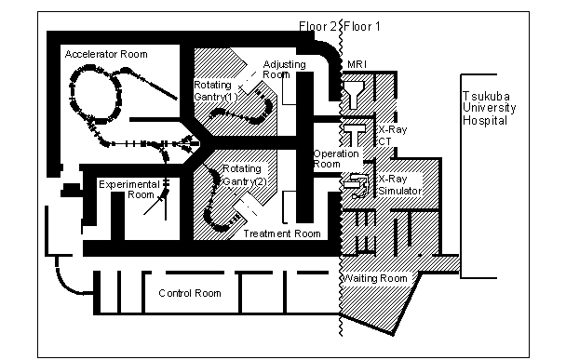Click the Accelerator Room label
click(x=106, y=54)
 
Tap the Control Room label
click(x=190, y=293)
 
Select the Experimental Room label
click(x=129, y=190)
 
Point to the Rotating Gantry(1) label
click(x=216, y=91)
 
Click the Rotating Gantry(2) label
click(x=245, y=175)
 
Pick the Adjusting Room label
click(x=284, y=69)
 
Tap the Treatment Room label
click(x=282, y=233)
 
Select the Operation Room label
click(x=336, y=159)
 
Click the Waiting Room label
click(x=374, y=278)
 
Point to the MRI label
click(x=357, y=64)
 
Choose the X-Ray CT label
click(x=392, y=135)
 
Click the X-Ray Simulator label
click(x=400, y=185)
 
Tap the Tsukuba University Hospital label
click(x=489, y=108)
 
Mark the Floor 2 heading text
click(x=317, y=26)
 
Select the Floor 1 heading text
click(x=362, y=26)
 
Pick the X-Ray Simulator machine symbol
click(x=356, y=185)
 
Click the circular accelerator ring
click(x=95, y=94)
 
